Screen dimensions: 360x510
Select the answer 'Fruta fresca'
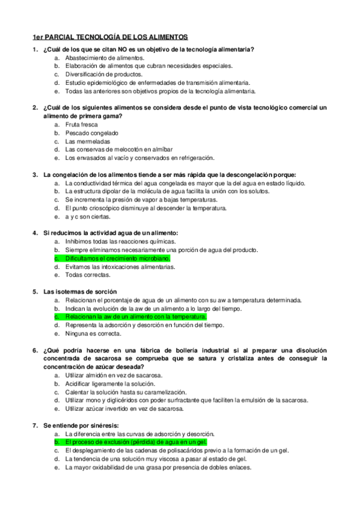click(x=82, y=124)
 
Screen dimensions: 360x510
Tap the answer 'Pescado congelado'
click(x=92, y=133)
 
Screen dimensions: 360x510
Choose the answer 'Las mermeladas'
click(x=88, y=141)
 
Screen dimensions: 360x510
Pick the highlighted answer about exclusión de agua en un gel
click(x=135, y=441)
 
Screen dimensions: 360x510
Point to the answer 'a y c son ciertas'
click(x=88, y=217)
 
